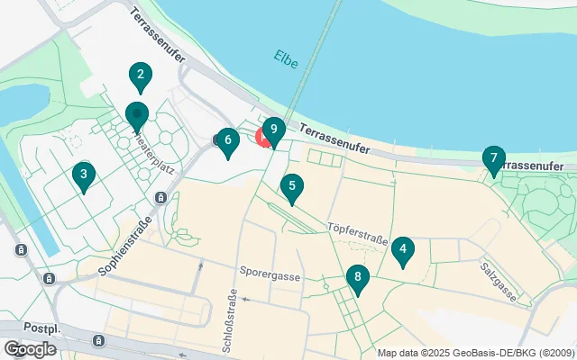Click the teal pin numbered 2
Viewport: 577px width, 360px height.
click(x=139, y=76)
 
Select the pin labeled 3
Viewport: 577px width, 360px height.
click(x=83, y=175)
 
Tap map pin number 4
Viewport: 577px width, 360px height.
click(x=403, y=250)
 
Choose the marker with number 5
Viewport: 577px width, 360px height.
click(x=291, y=188)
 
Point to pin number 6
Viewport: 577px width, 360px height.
click(x=228, y=140)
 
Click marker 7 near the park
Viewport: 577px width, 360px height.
click(x=493, y=159)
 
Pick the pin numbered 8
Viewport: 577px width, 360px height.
click(x=358, y=277)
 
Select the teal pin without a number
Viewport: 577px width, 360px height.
click(x=136, y=116)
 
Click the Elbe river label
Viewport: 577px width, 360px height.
click(x=285, y=59)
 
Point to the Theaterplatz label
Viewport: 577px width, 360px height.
click(x=153, y=149)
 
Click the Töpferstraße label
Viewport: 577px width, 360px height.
click(x=357, y=233)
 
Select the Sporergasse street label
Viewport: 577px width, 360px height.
click(x=270, y=270)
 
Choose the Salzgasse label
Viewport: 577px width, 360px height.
click(x=499, y=282)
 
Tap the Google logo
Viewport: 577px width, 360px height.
click(x=30, y=348)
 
